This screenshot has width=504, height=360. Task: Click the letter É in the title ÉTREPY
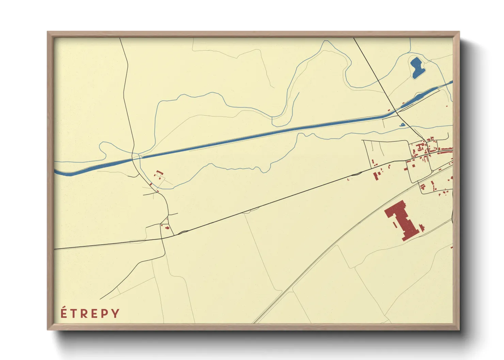tap(63, 313)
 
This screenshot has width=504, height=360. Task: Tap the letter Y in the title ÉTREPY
tap(116, 313)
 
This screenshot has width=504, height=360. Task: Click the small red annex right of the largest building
tap(423, 227)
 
